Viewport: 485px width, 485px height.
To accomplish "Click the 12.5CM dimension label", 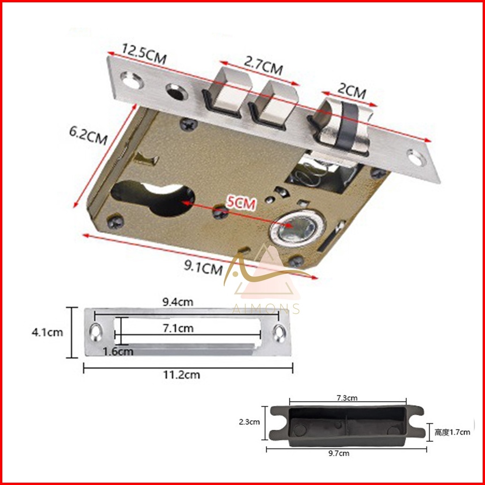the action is [144, 54].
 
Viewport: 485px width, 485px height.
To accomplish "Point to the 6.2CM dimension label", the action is [88, 136].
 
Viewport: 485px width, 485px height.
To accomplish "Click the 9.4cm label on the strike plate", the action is [178, 302].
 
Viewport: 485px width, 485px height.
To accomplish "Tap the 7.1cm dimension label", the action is [178, 328].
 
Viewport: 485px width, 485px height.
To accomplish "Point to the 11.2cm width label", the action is [182, 375].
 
